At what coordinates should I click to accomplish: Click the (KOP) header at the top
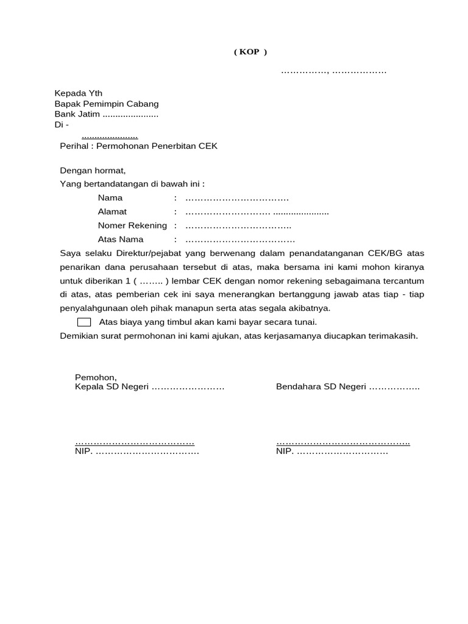250,52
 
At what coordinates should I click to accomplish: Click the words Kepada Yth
79,93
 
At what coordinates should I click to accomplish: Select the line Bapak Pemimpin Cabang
107,104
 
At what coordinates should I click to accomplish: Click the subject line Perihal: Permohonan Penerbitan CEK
138,146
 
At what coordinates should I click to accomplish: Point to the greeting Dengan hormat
93,171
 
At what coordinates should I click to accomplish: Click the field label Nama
110,197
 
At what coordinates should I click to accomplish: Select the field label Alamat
113,211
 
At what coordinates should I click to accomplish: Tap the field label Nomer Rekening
132,225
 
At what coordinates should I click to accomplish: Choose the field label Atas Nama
121,239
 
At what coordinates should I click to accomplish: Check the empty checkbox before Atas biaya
85,322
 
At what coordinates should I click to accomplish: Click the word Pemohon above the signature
95,377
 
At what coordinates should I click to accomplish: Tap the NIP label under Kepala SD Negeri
83,452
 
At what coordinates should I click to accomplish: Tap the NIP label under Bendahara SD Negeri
285,452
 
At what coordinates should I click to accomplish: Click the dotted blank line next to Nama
237,198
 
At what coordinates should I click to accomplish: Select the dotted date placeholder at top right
333,72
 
